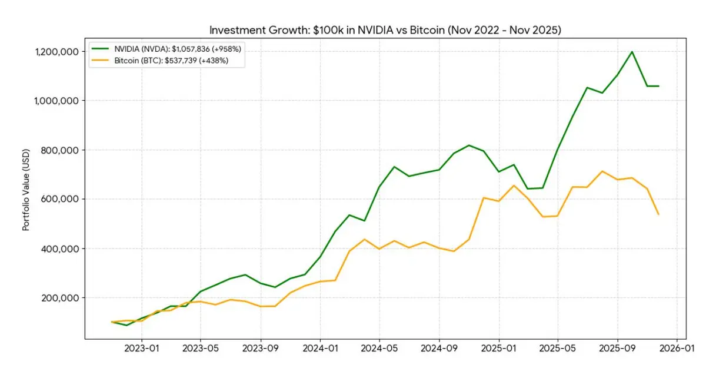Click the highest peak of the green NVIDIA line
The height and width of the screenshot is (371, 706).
click(632, 52)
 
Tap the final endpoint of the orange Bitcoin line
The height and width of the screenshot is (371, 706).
click(658, 214)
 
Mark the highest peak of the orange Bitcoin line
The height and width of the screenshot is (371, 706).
click(602, 171)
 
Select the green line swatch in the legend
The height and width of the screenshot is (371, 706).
click(101, 49)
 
